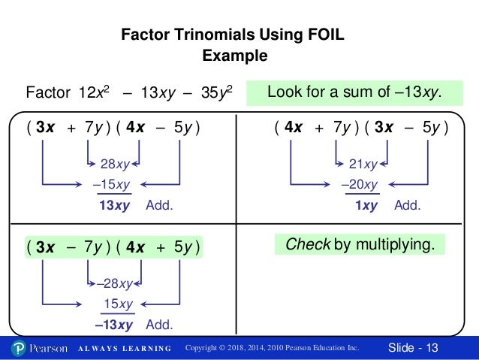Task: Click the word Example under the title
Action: point(235,56)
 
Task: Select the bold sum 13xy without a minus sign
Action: point(116,204)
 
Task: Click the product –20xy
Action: point(359,185)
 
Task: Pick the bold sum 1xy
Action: point(366,204)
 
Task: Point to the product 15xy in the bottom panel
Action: point(117,304)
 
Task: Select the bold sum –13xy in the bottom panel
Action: point(113,325)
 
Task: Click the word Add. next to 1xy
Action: point(408,204)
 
